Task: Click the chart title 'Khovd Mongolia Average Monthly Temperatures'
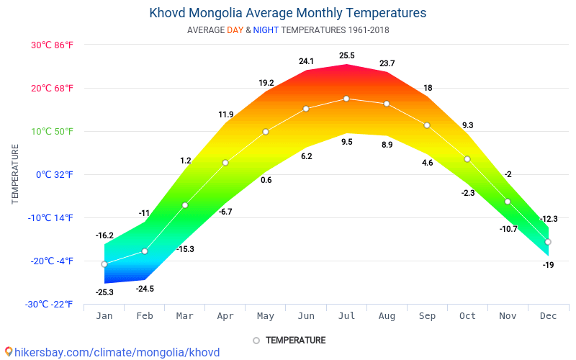point(287,13)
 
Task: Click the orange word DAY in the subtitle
point(235,30)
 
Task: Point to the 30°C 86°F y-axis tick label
point(52,45)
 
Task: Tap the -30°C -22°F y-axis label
point(49,304)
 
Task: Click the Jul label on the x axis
point(346,315)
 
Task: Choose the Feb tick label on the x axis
point(145,315)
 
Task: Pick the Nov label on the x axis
point(508,315)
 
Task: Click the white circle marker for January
point(104,264)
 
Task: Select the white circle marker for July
point(346,99)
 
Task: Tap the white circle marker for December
point(548,242)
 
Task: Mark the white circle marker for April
point(225,163)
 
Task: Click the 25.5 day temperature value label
point(346,55)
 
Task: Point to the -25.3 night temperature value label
point(104,292)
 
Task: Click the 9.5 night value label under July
point(346,142)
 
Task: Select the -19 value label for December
point(548,265)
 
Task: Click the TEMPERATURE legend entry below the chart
point(295,340)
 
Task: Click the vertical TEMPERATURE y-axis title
point(15,174)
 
